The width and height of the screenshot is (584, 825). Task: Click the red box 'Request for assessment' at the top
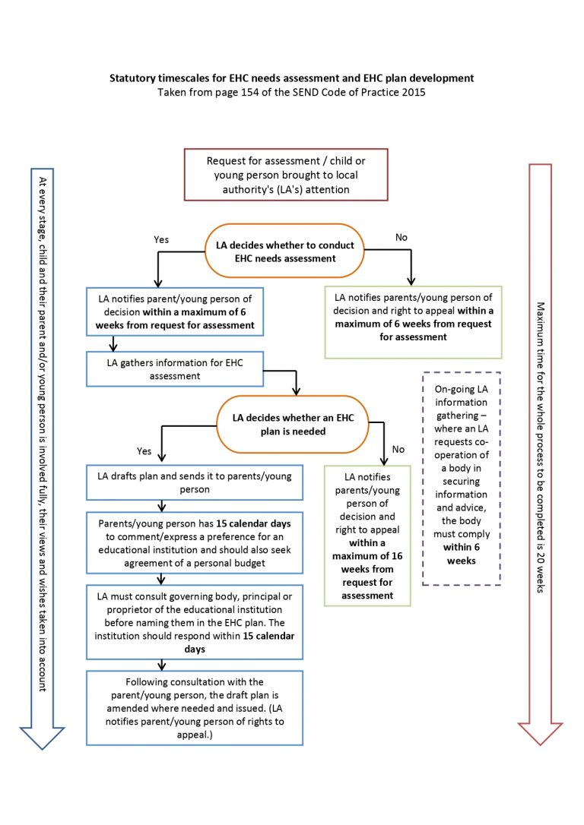(285, 175)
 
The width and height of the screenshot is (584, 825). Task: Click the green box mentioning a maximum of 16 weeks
(367, 536)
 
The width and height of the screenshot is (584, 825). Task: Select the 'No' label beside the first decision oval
(401, 237)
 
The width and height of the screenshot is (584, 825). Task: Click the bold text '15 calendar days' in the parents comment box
(259, 523)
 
